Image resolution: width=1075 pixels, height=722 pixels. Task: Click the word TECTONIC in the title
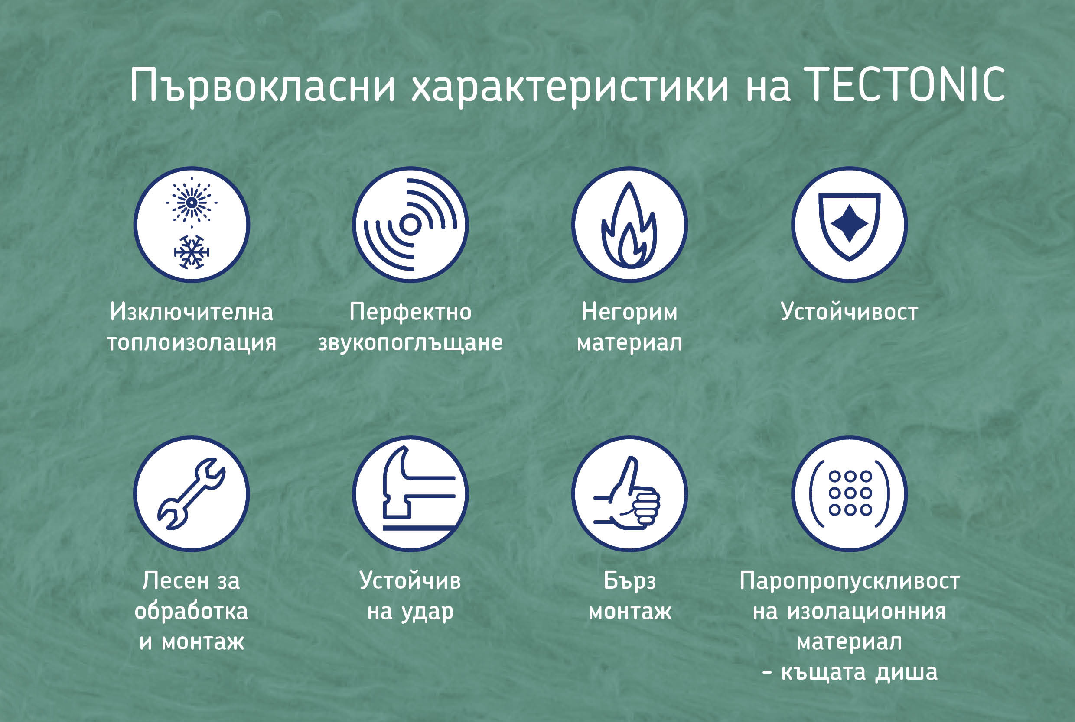click(905, 84)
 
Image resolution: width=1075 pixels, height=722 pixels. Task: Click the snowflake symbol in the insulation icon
click(191, 252)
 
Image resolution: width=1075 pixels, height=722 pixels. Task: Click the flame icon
click(629, 225)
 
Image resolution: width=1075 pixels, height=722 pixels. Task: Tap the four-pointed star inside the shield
click(849, 223)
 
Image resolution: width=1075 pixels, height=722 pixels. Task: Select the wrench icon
click(191, 493)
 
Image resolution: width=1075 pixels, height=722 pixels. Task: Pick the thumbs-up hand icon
click(627, 493)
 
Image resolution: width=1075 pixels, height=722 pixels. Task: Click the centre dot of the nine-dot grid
click(850, 493)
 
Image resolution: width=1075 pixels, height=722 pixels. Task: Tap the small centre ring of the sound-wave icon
click(410, 225)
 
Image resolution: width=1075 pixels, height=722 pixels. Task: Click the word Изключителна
click(191, 312)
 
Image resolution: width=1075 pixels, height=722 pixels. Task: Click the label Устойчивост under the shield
click(849, 312)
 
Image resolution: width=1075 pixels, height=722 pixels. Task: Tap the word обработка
click(191, 611)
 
